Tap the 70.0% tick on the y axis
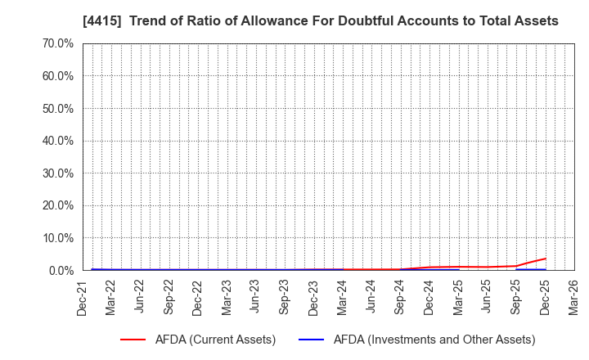click(56, 43)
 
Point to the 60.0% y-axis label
click(56, 76)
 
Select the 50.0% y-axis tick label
click(56, 108)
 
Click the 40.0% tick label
click(56, 141)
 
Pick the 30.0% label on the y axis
click(56, 173)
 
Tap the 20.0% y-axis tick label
click(56, 205)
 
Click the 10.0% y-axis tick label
click(56, 238)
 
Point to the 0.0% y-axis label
click(60, 270)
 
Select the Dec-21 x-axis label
click(83, 296)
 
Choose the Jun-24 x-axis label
click(371, 296)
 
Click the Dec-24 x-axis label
click(429, 296)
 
